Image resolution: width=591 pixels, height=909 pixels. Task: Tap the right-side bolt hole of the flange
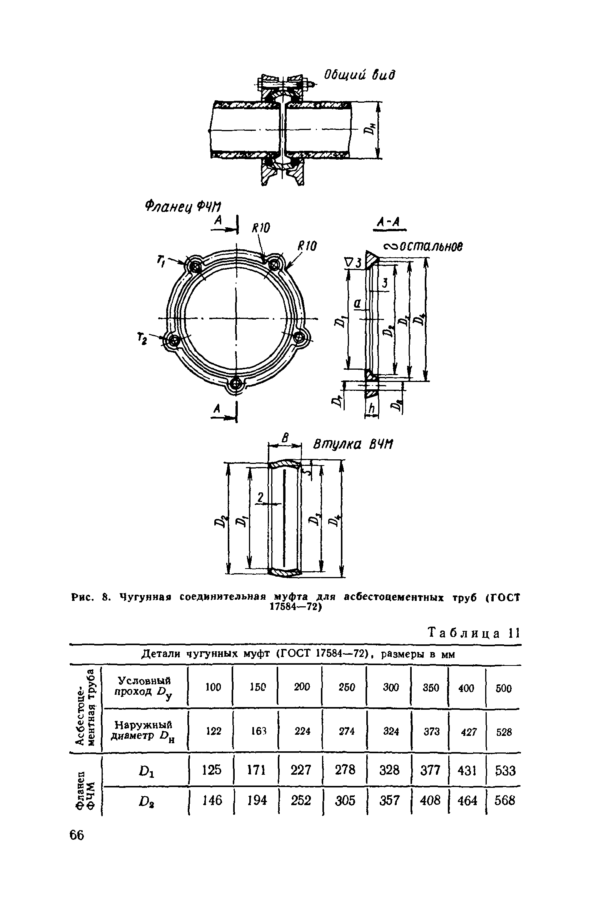pyautogui.click(x=299, y=337)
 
